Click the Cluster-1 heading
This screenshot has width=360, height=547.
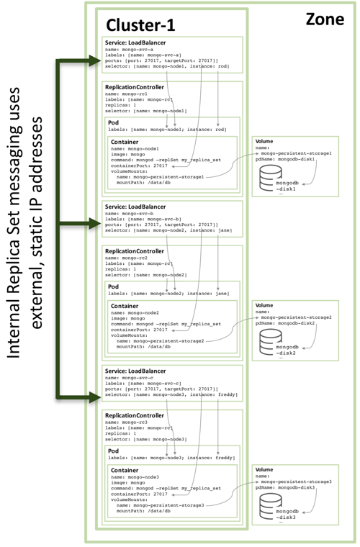[140, 24]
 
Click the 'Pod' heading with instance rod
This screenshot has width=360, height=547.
[114, 122]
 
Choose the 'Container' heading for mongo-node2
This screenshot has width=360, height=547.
[125, 305]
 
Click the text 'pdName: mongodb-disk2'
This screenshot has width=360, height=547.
[285, 323]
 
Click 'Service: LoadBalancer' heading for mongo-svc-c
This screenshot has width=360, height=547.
[138, 371]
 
